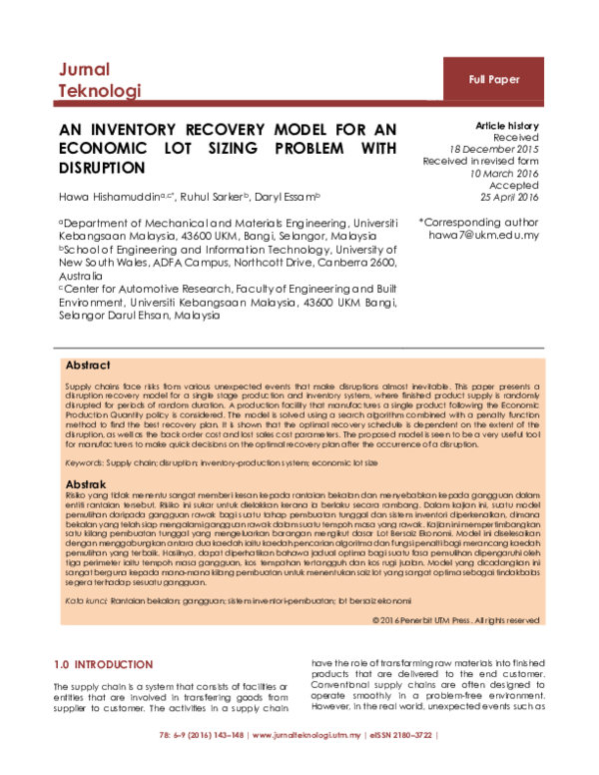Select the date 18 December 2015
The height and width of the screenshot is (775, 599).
click(496, 149)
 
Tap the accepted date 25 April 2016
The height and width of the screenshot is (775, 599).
click(511, 198)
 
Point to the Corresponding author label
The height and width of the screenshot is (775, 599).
click(480, 223)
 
